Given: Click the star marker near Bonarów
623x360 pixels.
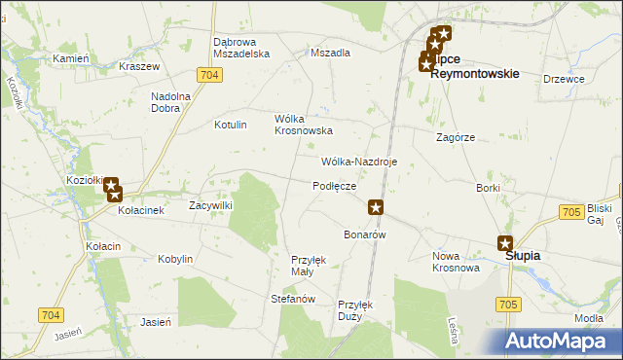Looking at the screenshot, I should (x=376, y=206).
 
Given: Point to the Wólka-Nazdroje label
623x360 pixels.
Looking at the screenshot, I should (x=359, y=162).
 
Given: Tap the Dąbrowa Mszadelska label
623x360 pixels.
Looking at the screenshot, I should (x=240, y=48).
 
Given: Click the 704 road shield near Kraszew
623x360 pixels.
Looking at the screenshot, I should (x=205, y=75).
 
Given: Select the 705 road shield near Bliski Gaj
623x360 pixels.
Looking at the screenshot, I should (x=572, y=211).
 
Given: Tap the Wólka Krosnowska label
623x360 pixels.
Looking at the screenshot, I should (x=304, y=124).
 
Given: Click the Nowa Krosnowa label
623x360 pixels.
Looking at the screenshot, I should (x=456, y=262).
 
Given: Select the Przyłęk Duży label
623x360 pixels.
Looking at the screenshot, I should (x=355, y=309).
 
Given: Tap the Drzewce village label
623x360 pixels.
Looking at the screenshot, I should (x=564, y=79).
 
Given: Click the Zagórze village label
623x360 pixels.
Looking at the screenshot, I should (x=456, y=138).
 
